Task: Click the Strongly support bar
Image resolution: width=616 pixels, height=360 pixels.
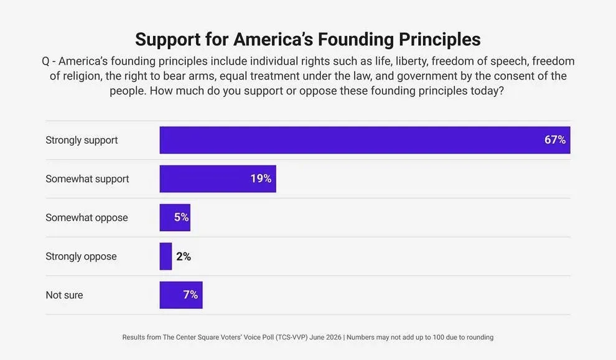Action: click(365, 140)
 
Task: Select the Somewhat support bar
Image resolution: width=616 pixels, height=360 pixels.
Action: click(218, 178)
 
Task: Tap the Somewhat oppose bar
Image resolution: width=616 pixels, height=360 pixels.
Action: click(175, 218)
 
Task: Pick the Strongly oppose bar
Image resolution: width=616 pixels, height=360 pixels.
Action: click(166, 256)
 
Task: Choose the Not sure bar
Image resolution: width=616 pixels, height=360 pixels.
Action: click(181, 295)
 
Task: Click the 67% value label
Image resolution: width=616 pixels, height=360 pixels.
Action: click(555, 140)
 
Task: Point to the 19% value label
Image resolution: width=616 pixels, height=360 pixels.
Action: click(261, 178)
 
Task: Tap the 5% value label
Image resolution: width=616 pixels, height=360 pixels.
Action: click(182, 217)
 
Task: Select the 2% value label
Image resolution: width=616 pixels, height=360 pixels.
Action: click(184, 256)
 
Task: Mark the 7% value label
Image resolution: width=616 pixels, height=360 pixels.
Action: click(190, 295)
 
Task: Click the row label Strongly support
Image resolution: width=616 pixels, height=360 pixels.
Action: click(82, 141)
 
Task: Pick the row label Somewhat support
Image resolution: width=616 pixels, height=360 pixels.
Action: click(87, 179)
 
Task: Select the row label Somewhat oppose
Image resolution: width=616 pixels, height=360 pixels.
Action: click(87, 218)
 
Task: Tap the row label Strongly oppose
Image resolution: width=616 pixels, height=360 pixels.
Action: click(81, 257)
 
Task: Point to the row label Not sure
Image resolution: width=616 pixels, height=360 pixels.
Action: click(65, 295)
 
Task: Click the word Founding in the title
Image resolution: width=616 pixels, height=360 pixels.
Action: click(355, 40)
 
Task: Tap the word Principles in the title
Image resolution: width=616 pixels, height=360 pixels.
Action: click(440, 40)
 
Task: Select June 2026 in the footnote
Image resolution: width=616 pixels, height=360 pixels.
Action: click(325, 337)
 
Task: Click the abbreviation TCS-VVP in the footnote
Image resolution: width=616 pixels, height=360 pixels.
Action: click(291, 337)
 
